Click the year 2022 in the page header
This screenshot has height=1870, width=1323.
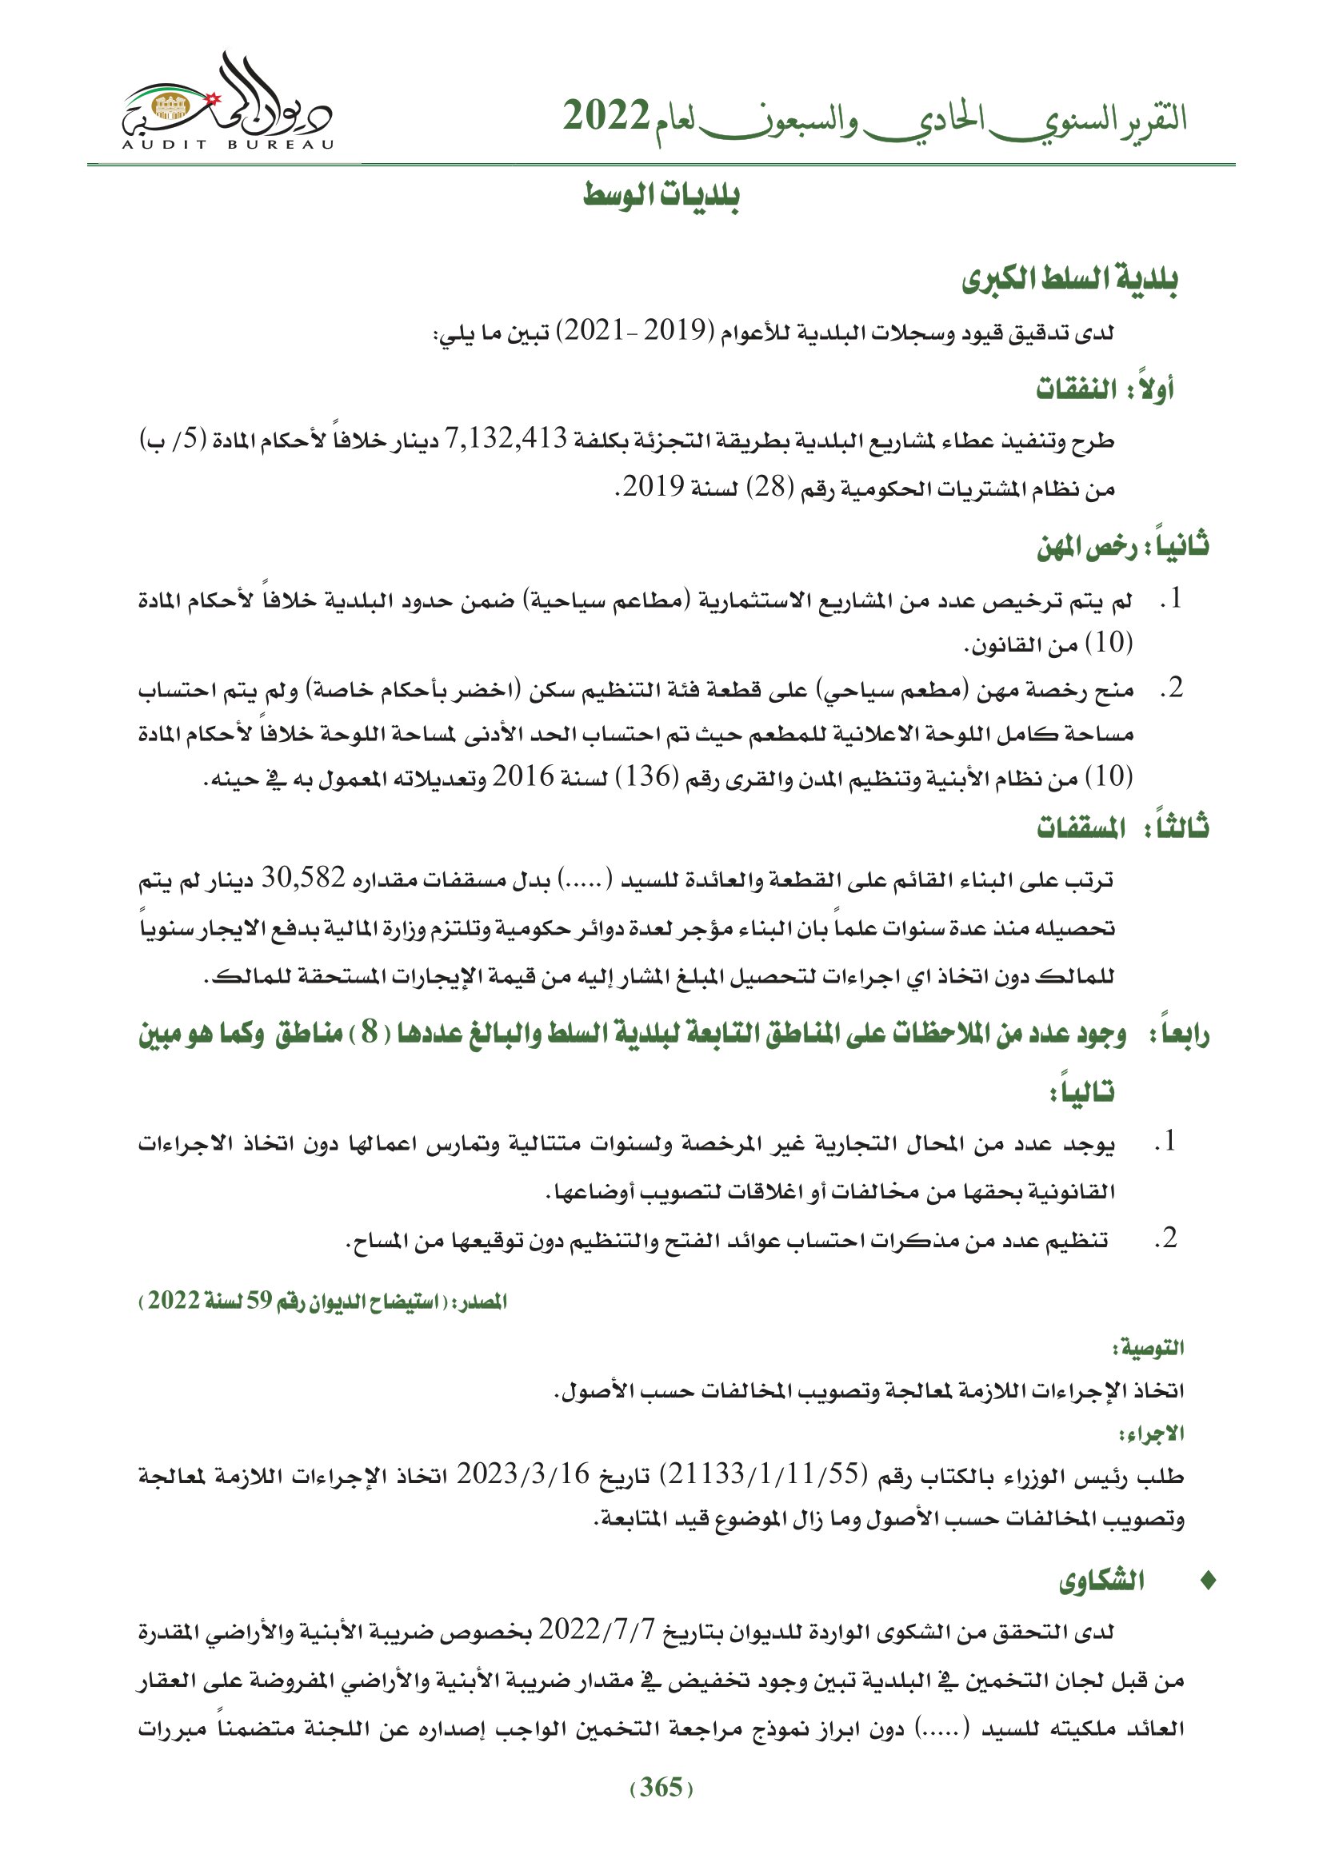[x=606, y=117]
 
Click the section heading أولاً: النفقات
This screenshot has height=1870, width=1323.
[x=1104, y=389]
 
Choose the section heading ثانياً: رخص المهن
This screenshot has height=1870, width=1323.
[x=1121, y=546]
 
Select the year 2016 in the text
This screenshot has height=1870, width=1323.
[x=523, y=777]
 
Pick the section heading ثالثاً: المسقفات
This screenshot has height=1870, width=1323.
[x=1121, y=828]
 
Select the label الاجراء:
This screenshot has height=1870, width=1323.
[x=1151, y=1433]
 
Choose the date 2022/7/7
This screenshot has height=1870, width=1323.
[x=597, y=1629]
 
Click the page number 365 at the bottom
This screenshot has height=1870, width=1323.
[x=661, y=1787]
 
